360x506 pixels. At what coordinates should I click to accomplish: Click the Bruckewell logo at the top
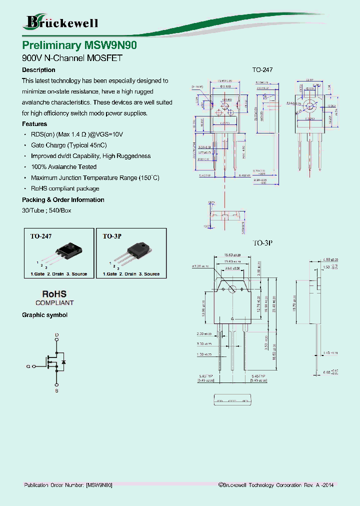coord(61,22)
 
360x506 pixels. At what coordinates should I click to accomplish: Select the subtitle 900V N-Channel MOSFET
coord(72,58)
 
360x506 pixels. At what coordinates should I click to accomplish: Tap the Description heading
coord(38,70)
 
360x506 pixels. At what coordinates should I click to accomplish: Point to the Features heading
coord(34,124)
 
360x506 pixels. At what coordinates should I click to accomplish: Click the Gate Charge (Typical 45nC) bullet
coord(69,145)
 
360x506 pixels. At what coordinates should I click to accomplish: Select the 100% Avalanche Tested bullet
coord(63,167)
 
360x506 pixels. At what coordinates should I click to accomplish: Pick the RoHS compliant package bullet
coord(65,189)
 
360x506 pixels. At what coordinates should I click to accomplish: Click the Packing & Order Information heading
coord(63,200)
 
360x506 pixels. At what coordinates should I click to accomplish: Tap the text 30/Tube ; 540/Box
coord(46,210)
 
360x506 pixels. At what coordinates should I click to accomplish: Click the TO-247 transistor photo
coord(67,251)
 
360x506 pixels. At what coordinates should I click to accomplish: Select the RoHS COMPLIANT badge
coord(54,298)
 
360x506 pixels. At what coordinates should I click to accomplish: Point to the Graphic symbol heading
coord(44,315)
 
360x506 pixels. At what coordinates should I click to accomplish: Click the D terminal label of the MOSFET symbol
coord(56,334)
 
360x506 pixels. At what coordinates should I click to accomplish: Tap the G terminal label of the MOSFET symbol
coord(28,366)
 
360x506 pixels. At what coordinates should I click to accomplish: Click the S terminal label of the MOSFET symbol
coord(56,390)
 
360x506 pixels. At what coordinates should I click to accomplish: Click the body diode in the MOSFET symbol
coord(63,361)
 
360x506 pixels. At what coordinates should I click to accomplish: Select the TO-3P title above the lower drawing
coord(262,243)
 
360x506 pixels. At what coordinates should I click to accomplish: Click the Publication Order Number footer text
coord(68,485)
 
